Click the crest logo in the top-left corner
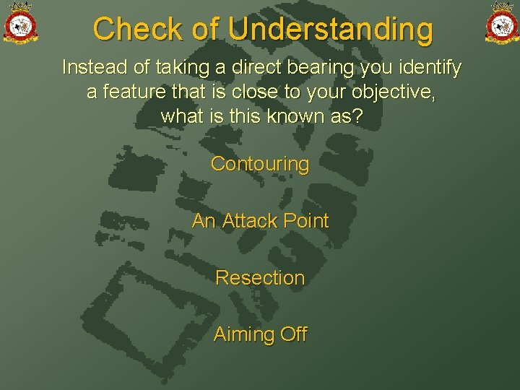[20, 22]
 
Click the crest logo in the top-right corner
[501, 22]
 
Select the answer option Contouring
[260, 164]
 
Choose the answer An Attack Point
[260, 221]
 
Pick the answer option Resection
[260, 277]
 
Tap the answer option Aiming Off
[260, 334]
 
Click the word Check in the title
[136, 30]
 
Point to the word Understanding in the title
[331, 30]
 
